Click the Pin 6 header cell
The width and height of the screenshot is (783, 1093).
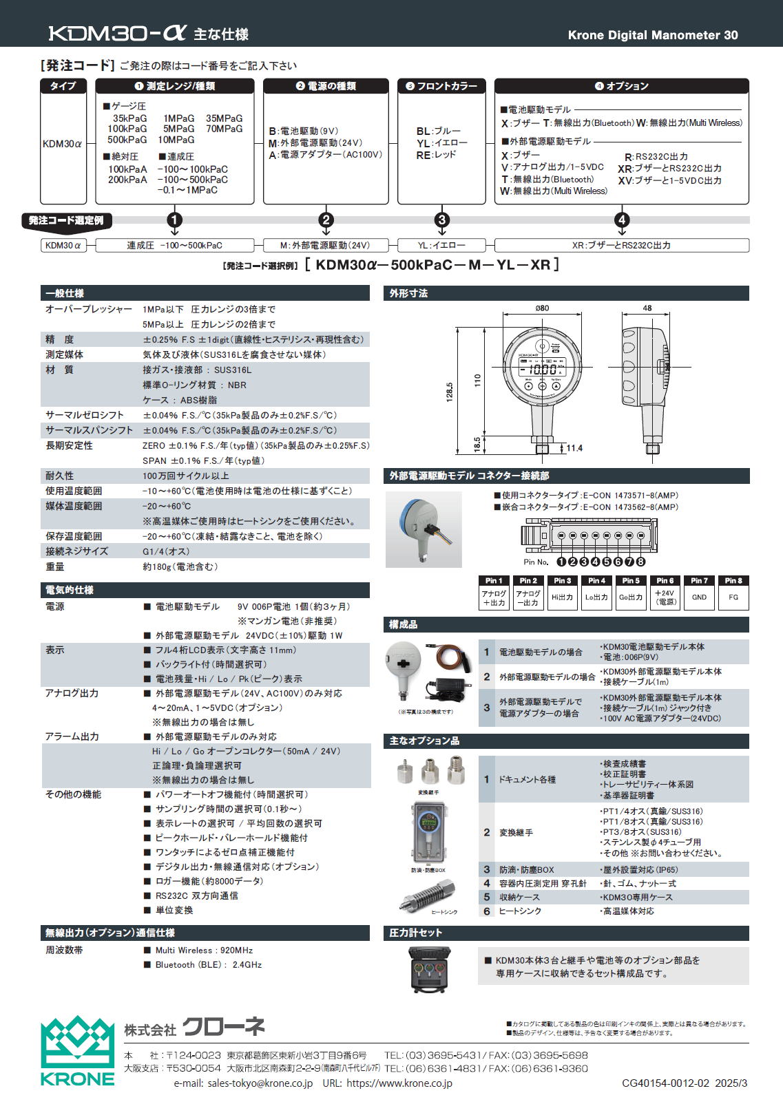click(665, 580)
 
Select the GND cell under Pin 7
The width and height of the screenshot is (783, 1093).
click(699, 597)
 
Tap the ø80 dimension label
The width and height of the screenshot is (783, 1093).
click(542, 308)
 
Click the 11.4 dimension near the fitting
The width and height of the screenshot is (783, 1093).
click(574, 448)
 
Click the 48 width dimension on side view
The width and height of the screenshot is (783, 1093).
click(647, 308)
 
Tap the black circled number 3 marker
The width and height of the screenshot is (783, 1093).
click(442, 220)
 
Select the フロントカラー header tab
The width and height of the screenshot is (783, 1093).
click(441, 86)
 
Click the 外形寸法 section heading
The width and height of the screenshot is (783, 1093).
click(408, 293)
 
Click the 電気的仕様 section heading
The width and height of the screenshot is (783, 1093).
click(69, 590)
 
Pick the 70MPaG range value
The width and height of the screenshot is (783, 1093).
click(225, 129)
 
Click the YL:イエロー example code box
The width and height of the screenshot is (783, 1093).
click(441, 245)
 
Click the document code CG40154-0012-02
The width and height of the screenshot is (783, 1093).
click(665, 1083)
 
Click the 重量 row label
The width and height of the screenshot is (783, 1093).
click(55, 566)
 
